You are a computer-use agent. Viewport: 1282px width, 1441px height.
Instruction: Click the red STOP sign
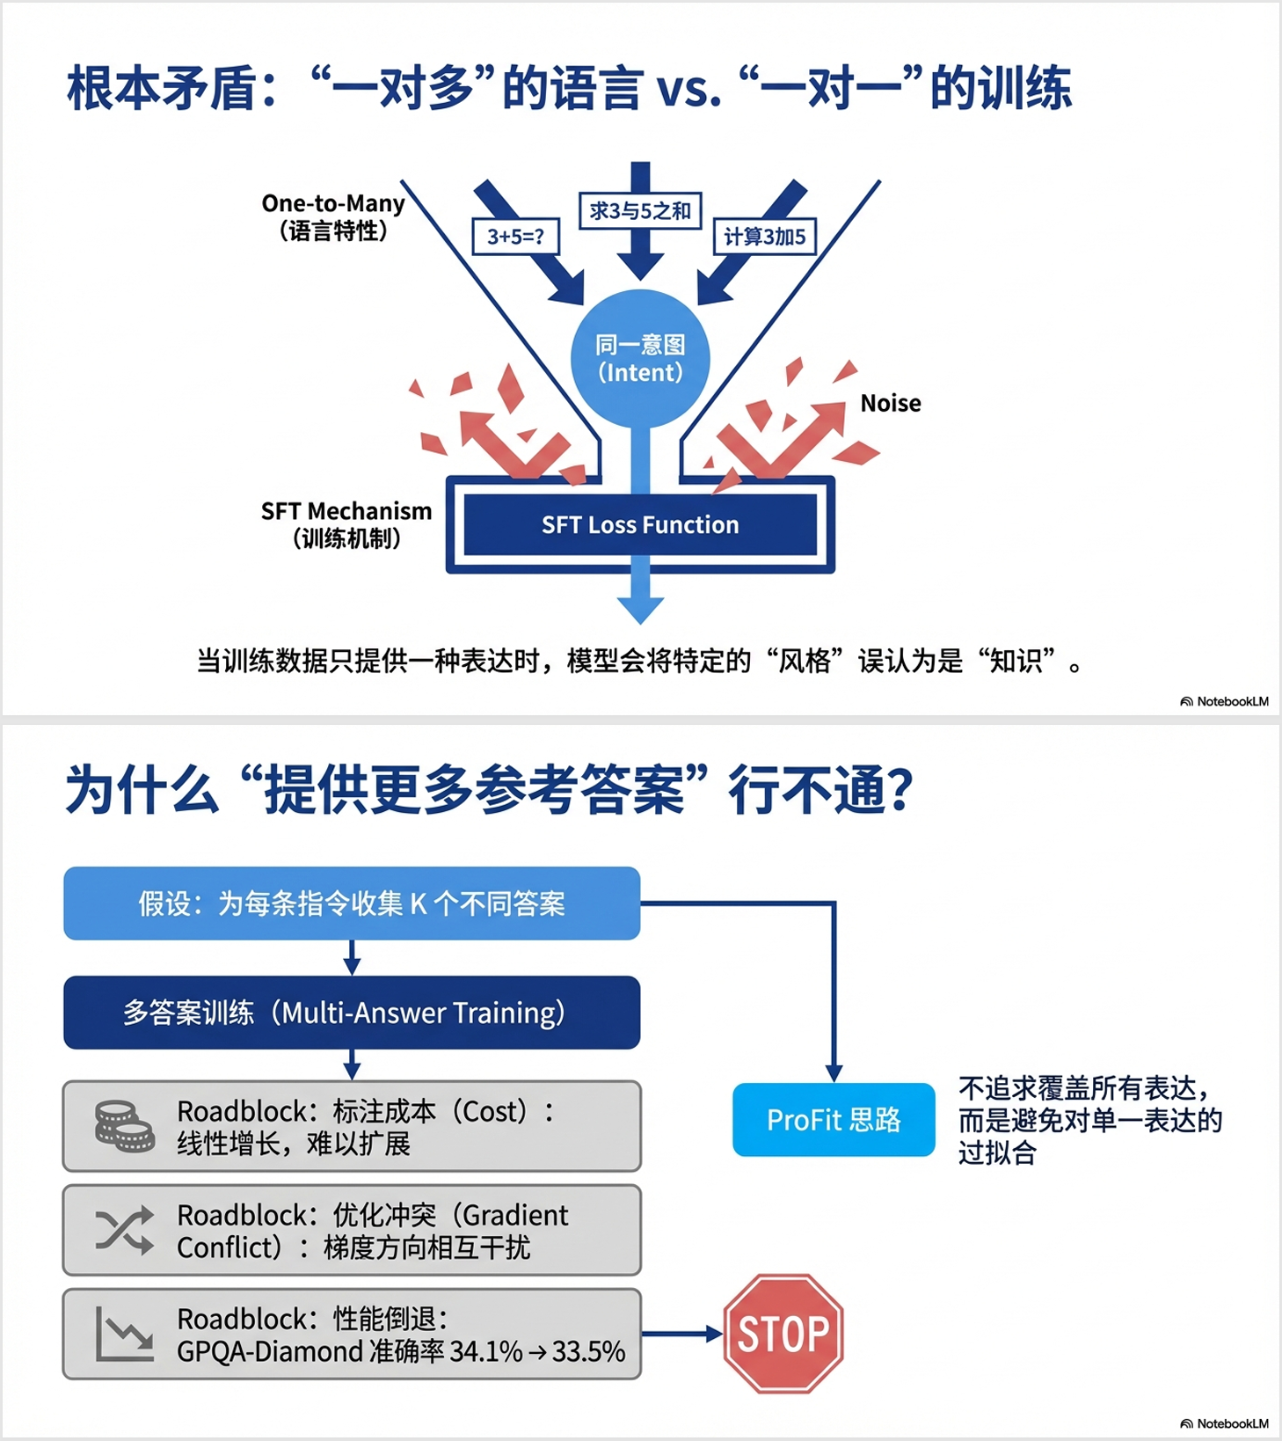[783, 1334]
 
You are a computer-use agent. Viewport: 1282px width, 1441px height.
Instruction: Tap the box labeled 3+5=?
[516, 236]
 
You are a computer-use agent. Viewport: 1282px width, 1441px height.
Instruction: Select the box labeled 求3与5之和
[640, 211]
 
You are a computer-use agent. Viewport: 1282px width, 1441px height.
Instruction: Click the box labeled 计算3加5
[764, 236]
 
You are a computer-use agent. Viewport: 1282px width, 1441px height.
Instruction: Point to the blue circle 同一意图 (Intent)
[640, 358]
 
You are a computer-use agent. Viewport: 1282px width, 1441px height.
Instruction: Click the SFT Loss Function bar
[640, 525]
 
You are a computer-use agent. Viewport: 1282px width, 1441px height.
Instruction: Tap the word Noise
[891, 403]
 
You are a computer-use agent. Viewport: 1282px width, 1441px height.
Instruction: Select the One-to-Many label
[333, 204]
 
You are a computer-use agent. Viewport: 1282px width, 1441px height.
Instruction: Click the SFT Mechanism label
[346, 511]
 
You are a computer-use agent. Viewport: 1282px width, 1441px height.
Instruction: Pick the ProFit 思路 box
[834, 1120]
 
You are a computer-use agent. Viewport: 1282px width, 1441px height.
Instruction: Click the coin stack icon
[124, 1127]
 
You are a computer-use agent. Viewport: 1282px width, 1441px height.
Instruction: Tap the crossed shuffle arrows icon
[124, 1230]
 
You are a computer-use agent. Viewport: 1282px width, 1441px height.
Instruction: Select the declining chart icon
[124, 1334]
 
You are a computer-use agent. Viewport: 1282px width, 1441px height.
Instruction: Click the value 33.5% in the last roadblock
[588, 1351]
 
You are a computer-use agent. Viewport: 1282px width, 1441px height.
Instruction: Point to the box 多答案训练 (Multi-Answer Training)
[352, 1013]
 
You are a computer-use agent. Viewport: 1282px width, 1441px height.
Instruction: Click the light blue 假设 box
[352, 903]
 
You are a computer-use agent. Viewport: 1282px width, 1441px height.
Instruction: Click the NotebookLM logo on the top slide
[1224, 701]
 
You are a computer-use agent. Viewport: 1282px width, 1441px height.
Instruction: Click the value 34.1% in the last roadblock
[486, 1351]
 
